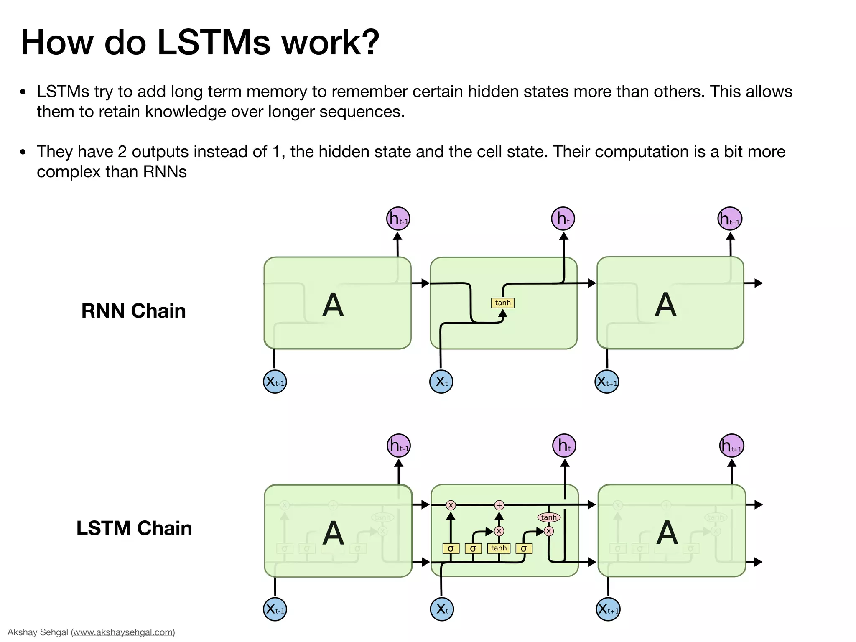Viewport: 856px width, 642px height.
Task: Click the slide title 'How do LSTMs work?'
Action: coord(200,43)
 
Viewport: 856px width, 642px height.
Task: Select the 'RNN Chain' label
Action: coord(133,311)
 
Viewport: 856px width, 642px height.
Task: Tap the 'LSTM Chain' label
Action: coord(134,528)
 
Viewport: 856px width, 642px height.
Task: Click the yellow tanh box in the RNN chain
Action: coord(502,303)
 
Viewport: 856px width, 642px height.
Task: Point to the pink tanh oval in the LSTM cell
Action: coord(548,517)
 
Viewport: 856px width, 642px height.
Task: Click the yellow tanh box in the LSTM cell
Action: coord(499,548)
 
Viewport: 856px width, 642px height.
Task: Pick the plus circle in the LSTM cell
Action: coord(499,505)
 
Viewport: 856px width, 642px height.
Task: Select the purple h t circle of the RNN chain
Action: coord(563,219)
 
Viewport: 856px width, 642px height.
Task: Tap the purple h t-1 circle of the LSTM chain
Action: coord(399,446)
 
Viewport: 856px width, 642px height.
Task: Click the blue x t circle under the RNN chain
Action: coord(441,382)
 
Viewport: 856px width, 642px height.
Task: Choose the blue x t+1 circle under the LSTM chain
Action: coord(608,609)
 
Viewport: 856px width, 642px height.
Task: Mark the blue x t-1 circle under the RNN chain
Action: coord(275,382)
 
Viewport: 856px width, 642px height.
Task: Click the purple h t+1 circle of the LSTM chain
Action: coord(732,446)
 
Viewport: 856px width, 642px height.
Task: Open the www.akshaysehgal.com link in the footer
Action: coord(123,632)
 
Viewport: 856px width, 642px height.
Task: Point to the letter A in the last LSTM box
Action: coord(667,533)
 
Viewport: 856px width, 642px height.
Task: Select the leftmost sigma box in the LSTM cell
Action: coord(451,548)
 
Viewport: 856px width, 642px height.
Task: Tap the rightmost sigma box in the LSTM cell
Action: coord(524,548)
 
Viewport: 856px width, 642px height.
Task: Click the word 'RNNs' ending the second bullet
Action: coord(165,172)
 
